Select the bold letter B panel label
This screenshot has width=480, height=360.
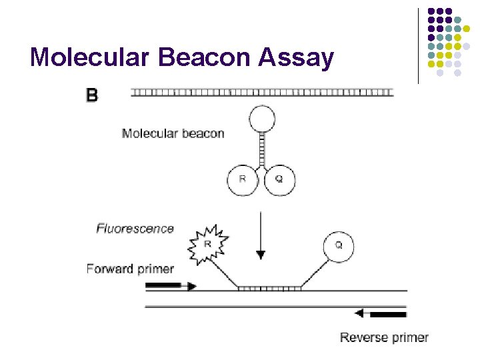[x=92, y=96]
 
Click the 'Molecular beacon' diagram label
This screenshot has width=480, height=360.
[x=173, y=133]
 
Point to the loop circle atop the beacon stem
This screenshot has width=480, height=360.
[x=261, y=120]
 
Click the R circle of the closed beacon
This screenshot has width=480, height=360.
[x=242, y=179]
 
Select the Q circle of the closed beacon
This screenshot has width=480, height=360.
[x=279, y=179]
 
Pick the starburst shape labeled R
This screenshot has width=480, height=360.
[x=208, y=245]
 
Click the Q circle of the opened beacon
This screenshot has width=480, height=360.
[x=338, y=246]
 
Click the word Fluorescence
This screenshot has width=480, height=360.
[x=135, y=229]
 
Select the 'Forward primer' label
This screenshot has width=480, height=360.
[x=130, y=269]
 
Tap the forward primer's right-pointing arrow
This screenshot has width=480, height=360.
[x=171, y=286]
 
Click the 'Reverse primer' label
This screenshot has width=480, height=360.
[x=384, y=337]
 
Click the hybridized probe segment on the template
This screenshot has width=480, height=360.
[x=269, y=289]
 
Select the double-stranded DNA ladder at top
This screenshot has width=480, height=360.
[x=262, y=92]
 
